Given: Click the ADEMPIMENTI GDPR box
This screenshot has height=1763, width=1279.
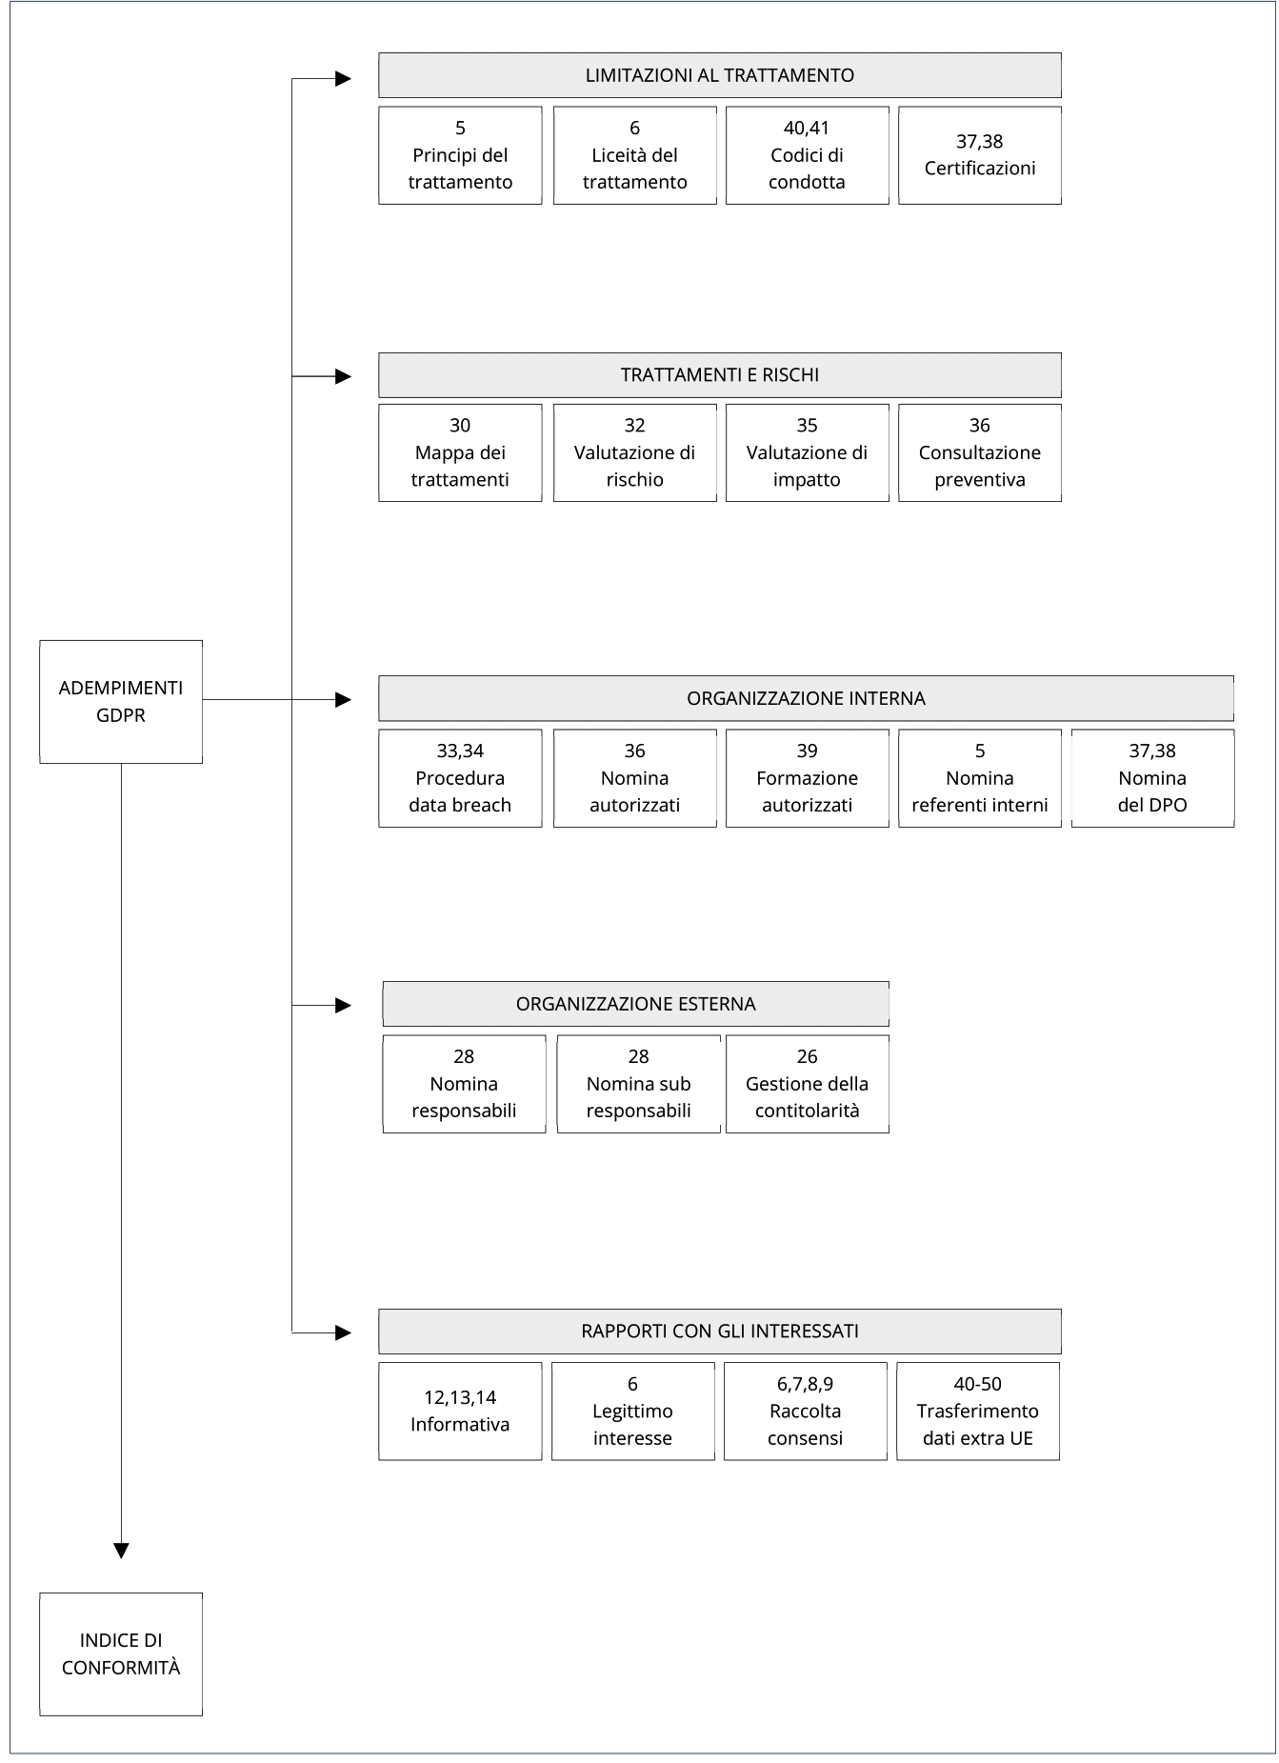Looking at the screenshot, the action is pyautogui.click(x=121, y=701).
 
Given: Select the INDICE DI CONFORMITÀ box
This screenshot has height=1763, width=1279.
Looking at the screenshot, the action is pyautogui.click(x=121, y=1653).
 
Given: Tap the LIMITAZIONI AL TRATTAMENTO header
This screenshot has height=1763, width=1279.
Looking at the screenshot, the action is pyautogui.click(x=720, y=75).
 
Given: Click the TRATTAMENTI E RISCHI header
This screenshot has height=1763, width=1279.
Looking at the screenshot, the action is pyautogui.click(x=720, y=375).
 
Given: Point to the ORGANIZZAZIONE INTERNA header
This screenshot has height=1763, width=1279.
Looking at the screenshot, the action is pyautogui.click(x=806, y=698).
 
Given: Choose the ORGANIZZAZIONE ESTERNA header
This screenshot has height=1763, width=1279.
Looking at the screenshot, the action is pyautogui.click(x=636, y=1004).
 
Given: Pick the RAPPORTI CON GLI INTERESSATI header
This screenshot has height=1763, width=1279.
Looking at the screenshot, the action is pyautogui.click(x=720, y=1331).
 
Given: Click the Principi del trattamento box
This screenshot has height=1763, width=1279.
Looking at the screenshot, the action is pyautogui.click(x=460, y=155).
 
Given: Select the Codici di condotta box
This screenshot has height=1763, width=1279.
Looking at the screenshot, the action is pyautogui.click(x=808, y=155).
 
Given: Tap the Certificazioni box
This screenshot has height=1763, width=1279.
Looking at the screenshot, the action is pyautogui.click(x=980, y=155).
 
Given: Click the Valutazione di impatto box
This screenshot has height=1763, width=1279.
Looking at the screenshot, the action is pyautogui.click(x=808, y=452).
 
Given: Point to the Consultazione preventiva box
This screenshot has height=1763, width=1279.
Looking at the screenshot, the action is pyautogui.click(x=980, y=452).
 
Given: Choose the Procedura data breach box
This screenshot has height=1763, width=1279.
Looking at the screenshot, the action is pyautogui.click(x=460, y=778).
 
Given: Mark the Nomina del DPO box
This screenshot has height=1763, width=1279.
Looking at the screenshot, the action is pyautogui.click(x=1152, y=778).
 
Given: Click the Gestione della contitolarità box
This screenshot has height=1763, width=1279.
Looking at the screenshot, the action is pyautogui.click(x=808, y=1084).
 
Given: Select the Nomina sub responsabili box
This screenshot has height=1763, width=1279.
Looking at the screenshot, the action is pyautogui.click(x=639, y=1084).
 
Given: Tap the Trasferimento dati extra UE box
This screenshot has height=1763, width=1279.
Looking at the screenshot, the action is pyautogui.click(x=978, y=1411).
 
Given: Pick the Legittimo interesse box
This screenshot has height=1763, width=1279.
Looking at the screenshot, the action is pyautogui.click(x=633, y=1411).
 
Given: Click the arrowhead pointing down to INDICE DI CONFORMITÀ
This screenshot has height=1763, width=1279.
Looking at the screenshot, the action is pyautogui.click(x=121, y=1551).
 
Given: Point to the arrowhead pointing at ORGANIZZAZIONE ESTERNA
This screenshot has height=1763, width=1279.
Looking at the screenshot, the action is pyautogui.click(x=344, y=1005).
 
